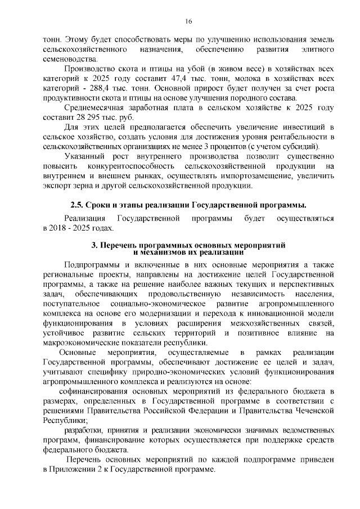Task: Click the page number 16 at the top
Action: coord(188,21)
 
